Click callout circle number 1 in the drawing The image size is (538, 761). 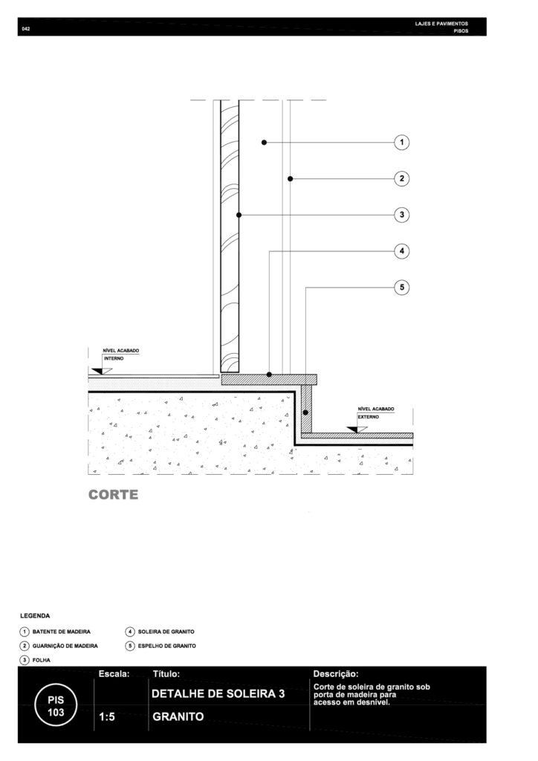click(402, 142)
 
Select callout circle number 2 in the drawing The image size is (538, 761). click(402, 178)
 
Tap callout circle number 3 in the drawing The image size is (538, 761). click(402, 215)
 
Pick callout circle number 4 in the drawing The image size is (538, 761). click(402, 251)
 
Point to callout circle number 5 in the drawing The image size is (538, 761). click(402, 288)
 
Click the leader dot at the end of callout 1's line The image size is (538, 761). click(264, 142)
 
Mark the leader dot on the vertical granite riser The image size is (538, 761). click(305, 412)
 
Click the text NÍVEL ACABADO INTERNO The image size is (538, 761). click(121, 354)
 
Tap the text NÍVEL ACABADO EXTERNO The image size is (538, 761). click(375, 413)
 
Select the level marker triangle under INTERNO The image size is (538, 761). click(101, 371)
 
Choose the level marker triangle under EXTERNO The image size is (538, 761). click(356, 430)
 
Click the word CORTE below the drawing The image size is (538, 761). click(113, 494)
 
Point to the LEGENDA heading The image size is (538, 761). click(35, 616)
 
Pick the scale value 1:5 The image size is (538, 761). click(107, 717)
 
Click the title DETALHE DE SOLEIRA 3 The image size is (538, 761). click(218, 693)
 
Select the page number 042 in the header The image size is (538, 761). click(26, 29)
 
